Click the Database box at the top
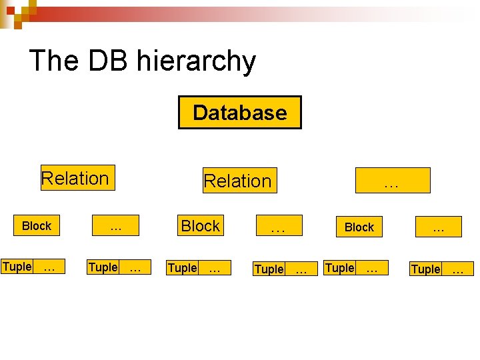point(239,113)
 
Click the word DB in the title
point(109,61)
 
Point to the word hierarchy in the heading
point(195,62)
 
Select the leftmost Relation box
point(77,178)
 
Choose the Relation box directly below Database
point(238,181)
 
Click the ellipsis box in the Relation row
point(393,181)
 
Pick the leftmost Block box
point(37,226)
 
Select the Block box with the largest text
point(201,226)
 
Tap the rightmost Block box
point(359,227)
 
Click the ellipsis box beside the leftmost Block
point(116,226)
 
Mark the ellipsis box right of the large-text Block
point(278,227)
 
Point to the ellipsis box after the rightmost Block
point(438,227)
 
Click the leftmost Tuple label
point(17,267)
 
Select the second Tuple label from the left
point(103,267)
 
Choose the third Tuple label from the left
point(182,268)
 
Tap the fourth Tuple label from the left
point(269,269)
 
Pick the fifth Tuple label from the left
point(339,268)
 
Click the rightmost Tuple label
point(425,269)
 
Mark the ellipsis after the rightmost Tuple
point(457,269)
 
